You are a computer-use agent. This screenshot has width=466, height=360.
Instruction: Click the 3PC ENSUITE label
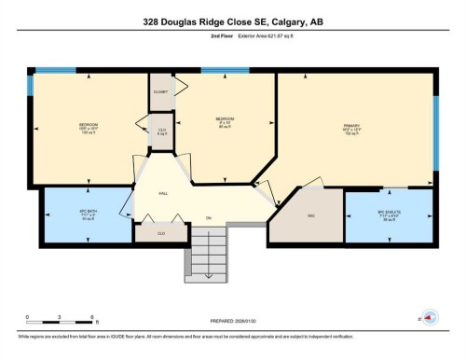point(391,214)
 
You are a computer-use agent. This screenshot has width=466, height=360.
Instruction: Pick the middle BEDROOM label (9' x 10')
point(225,122)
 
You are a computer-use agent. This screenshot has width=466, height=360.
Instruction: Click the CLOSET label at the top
point(161,91)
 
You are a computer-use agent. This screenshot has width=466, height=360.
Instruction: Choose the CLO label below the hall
point(161,232)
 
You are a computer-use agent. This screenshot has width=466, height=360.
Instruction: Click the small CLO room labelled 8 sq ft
point(161,132)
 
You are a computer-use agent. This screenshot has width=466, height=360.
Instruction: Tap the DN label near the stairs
point(208,217)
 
